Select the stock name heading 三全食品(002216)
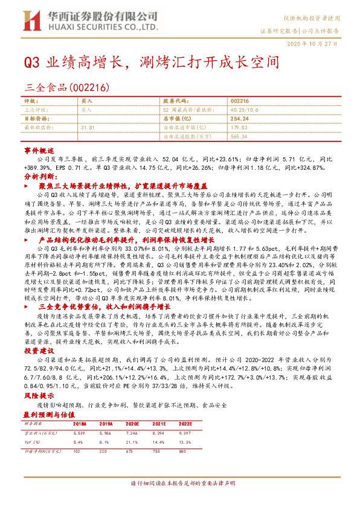point(66,87)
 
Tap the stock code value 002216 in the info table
point(239,102)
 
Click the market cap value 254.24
point(240,119)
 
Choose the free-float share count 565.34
point(239,137)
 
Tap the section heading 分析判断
point(39,176)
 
